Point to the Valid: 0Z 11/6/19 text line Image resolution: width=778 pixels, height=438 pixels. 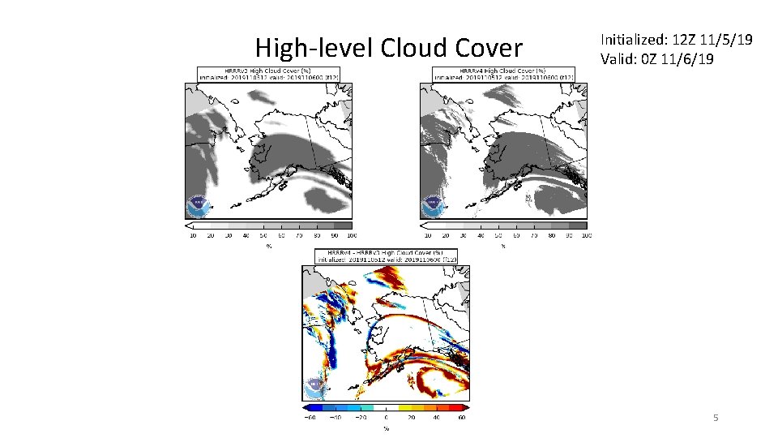pyautogui.click(x=657, y=58)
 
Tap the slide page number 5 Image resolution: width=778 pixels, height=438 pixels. pyautogui.click(x=716, y=418)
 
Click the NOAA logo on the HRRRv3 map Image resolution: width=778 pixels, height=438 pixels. pyautogui.click(x=197, y=206)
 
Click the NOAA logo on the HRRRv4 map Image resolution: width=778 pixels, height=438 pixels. pyautogui.click(x=431, y=206)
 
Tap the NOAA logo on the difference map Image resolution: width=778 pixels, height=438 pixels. pyautogui.click(x=313, y=389)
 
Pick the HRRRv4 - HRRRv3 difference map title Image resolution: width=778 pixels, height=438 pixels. pyautogui.click(x=386, y=254)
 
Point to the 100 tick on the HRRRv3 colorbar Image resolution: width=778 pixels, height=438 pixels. pyautogui.click(x=350, y=235)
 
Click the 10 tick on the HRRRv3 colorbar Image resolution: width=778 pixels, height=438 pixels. pyautogui.click(x=192, y=235)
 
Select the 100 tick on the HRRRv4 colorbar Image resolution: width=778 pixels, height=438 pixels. pyautogui.click(x=586, y=235)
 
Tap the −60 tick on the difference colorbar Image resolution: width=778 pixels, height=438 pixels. pyautogui.click(x=310, y=419)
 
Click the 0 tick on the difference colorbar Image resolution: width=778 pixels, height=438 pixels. pyautogui.click(x=386, y=419)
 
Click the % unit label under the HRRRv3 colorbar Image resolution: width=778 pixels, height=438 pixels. pyautogui.click(x=268, y=245)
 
